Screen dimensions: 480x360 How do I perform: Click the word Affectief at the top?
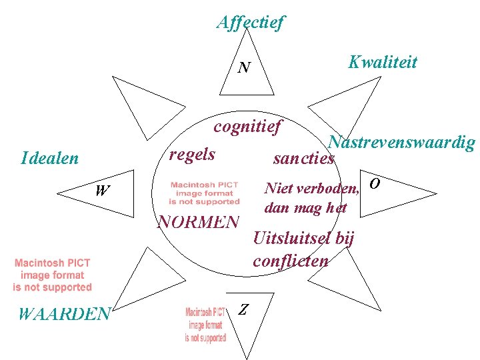pos(250,23)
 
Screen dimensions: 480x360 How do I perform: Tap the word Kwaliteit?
pos(383,63)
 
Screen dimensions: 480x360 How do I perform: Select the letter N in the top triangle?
pos(245,67)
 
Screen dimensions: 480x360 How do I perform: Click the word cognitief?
pos(248,126)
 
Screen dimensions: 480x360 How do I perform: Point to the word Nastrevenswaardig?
pos(402,143)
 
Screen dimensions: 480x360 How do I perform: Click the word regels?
pos(192,155)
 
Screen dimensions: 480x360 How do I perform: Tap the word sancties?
pos(303,159)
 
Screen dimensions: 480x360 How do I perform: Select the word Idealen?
pos(50,159)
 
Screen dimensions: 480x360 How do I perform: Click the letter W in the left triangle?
pos(102,191)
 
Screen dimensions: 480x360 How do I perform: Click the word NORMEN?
pos(197,221)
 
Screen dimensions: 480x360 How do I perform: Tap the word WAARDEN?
pos(64,313)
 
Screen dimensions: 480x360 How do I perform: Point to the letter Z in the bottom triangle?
pos(244,309)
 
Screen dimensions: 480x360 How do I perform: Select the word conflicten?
pos(291,261)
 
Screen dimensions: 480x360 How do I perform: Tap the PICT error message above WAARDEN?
pos(53,275)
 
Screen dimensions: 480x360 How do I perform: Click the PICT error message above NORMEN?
pos(204,193)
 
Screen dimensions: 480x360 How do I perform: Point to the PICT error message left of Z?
pos(205,325)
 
